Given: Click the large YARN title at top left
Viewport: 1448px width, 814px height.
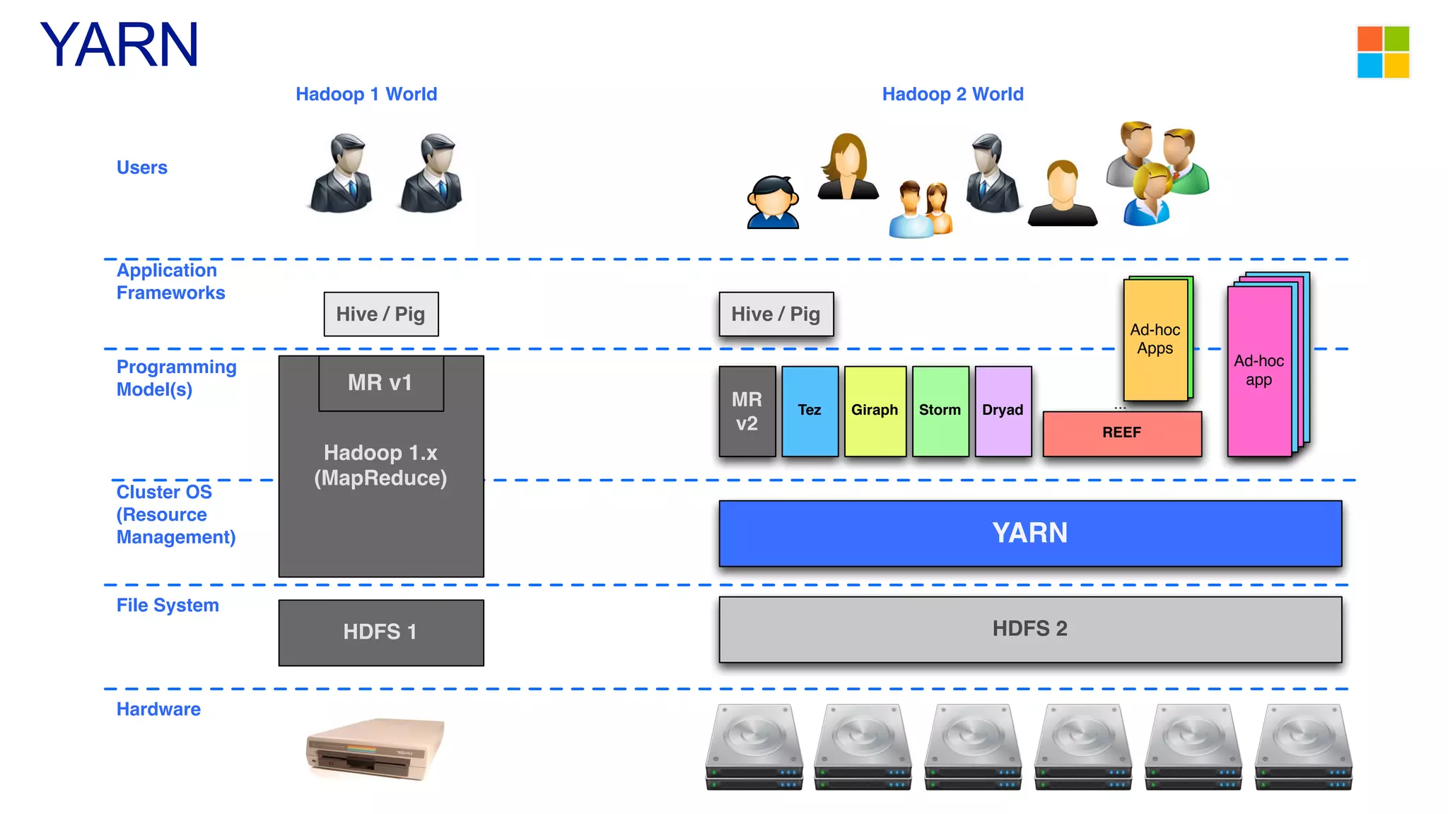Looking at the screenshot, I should click(x=119, y=45).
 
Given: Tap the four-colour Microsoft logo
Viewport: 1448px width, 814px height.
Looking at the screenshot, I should click(x=1383, y=52).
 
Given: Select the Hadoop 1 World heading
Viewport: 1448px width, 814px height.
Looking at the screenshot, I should click(x=366, y=94).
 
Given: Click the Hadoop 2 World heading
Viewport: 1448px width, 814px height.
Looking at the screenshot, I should click(x=952, y=94).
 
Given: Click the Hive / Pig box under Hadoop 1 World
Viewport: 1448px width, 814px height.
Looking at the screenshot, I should click(x=381, y=314).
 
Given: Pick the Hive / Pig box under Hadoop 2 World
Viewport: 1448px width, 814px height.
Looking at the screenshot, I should click(x=776, y=314).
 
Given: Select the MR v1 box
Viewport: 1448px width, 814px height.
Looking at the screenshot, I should click(x=380, y=383).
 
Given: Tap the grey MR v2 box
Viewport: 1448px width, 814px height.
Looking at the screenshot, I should click(x=747, y=411).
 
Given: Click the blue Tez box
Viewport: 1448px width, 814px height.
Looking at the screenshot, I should click(x=810, y=411).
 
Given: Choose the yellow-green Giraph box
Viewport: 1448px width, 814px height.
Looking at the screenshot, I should click(x=875, y=411).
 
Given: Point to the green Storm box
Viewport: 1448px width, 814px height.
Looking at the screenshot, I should click(x=940, y=411).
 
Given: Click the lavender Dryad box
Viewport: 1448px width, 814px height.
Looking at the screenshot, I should click(x=1003, y=411).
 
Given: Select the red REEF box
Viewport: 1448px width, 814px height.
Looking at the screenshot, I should click(x=1121, y=433).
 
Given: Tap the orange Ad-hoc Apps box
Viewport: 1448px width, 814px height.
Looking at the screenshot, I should click(x=1155, y=339).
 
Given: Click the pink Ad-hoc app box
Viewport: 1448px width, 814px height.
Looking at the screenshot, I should click(x=1259, y=371).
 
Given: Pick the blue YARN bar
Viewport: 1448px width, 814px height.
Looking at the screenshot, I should click(x=1029, y=533).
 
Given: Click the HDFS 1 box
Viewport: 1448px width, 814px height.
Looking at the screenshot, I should click(x=380, y=632).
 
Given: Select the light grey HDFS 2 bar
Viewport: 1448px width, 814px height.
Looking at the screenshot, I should click(x=1029, y=629).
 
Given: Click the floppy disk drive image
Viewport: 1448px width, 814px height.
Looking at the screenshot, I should click(x=375, y=749).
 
